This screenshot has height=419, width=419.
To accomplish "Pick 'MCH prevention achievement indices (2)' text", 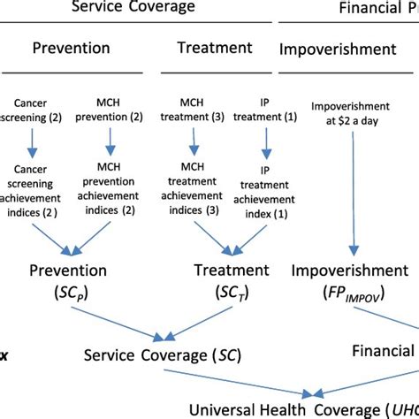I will (112, 188).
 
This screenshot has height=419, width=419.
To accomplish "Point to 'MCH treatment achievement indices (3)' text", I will (194, 188).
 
